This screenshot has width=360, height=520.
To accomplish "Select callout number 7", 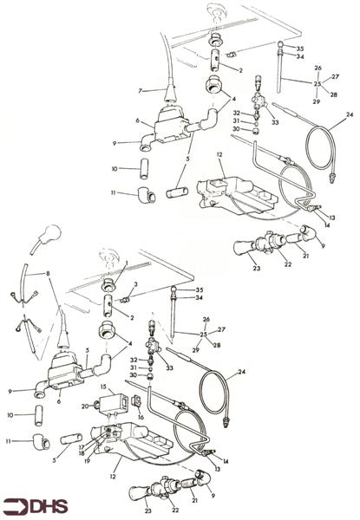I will pos(139,90).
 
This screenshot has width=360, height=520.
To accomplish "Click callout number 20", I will pos(85,405).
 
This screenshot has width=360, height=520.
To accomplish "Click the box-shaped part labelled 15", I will pos(115,401).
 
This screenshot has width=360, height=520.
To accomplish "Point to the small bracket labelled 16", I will pos(137,401).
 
